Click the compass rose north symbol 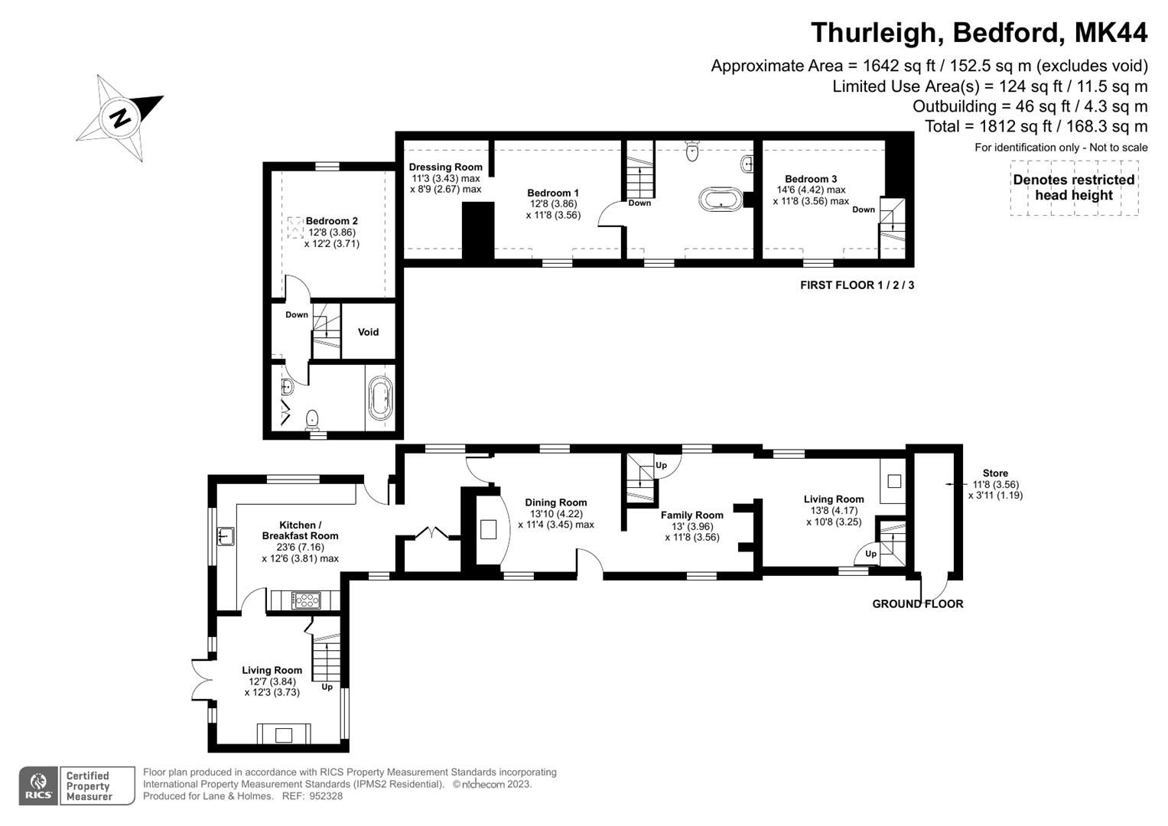(x=120, y=119)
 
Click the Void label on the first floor (x=368, y=332)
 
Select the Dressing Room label (x=445, y=167)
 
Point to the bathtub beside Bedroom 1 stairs (x=720, y=200)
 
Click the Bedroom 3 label (x=810, y=179)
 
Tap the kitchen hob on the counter (x=304, y=600)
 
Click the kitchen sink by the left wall (x=225, y=536)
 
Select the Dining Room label (x=555, y=502)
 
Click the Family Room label (x=691, y=515)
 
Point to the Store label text (x=995, y=473)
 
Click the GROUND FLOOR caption (x=917, y=604)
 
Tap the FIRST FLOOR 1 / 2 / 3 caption (x=857, y=285)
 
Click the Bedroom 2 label (x=331, y=221)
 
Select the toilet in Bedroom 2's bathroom (x=312, y=420)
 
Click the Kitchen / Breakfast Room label (x=300, y=530)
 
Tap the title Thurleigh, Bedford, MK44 (x=978, y=33)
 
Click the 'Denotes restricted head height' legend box (x=1073, y=187)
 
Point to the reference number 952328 (x=326, y=796)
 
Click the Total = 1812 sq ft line (x=1036, y=126)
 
